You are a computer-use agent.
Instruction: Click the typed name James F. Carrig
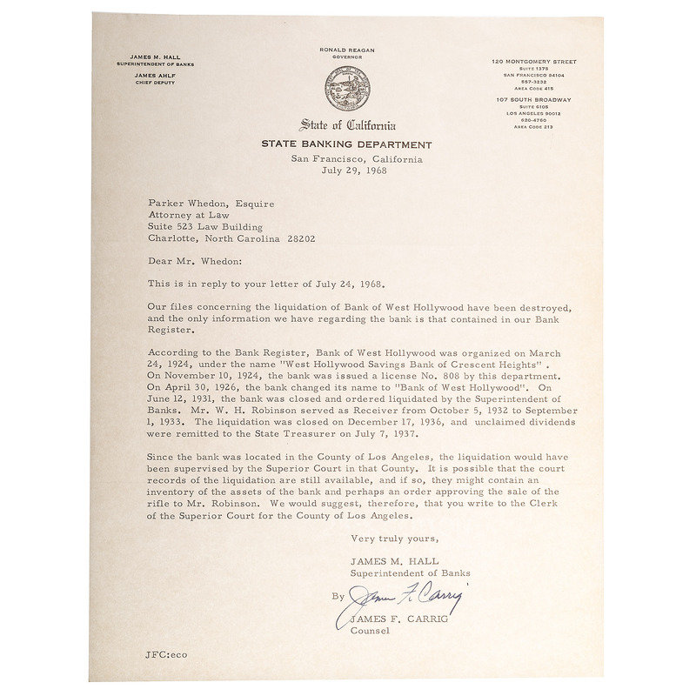[388, 619]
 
